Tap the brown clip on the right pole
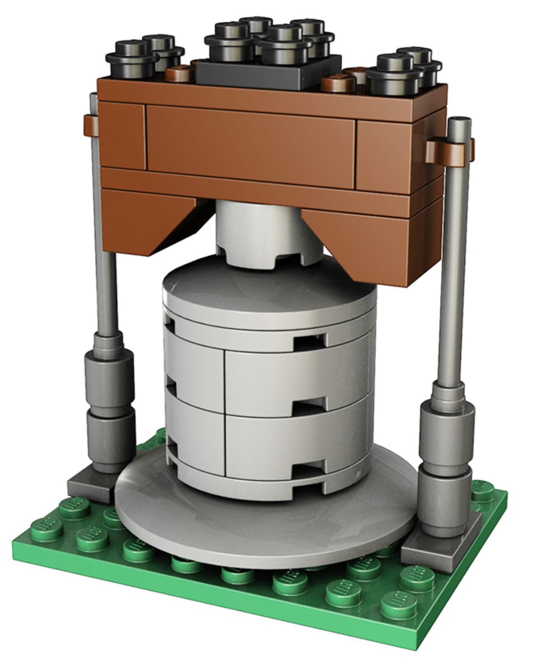[x=448, y=151]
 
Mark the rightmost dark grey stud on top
[x=418, y=57]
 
